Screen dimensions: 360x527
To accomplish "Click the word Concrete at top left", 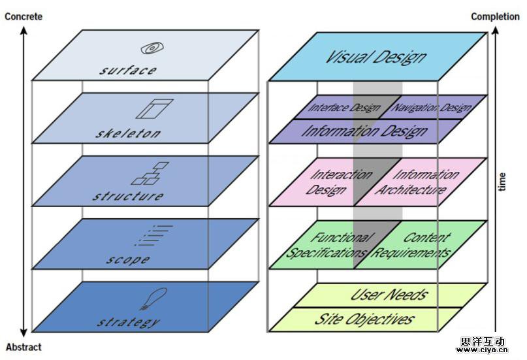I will [x=24, y=16].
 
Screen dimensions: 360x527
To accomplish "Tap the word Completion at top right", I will [x=495, y=16].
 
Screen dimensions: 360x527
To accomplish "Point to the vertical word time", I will [x=502, y=182].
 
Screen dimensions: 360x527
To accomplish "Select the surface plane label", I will [x=128, y=70].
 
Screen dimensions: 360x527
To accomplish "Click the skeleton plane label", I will [x=128, y=133].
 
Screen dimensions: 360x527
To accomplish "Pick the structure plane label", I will [x=128, y=196].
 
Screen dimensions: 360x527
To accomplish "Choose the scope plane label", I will [x=128, y=259].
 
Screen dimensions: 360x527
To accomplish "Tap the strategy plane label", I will [x=128, y=321].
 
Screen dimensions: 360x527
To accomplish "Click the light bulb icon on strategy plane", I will [x=148, y=299].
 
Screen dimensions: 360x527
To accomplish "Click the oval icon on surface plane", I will [x=152, y=48].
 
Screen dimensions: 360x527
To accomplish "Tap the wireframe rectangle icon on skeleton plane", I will [x=155, y=108].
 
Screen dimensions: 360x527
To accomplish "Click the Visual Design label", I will [x=376, y=56].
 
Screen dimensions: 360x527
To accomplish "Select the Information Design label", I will [x=364, y=131].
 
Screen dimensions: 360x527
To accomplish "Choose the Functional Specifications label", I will [x=328, y=245].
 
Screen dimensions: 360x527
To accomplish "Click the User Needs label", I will [x=390, y=294].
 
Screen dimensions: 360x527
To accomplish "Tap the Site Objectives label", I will [x=364, y=319].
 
